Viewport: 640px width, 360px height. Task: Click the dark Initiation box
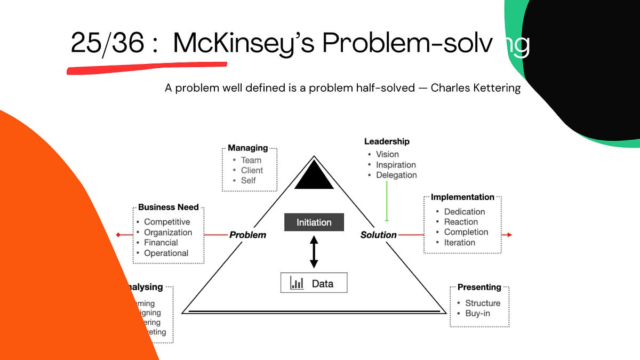click(314, 222)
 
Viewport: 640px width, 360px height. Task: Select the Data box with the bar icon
click(314, 283)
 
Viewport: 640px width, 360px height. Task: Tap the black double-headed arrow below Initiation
click(314, 252)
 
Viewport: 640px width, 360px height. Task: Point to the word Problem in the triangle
click(247, 235)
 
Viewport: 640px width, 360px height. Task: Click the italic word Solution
click(378, 235)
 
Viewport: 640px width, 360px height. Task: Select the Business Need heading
click(168, 207)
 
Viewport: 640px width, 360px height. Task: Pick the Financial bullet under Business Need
click(161, 243)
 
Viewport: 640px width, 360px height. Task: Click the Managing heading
click(248, 148)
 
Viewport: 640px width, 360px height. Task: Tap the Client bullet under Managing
click(252, 170)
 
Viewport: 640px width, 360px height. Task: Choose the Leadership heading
click(387, 141)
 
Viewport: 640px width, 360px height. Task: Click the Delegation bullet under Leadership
click(396, 175)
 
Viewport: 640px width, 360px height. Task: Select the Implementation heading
click(462, 197)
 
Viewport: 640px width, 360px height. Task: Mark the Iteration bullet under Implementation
click(459, 242)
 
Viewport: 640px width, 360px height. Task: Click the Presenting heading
click(479, 287)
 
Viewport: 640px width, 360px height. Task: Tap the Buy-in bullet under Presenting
click(477, 313)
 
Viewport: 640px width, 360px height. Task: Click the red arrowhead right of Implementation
click(509, 235)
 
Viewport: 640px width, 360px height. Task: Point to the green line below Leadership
click(386, 200)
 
